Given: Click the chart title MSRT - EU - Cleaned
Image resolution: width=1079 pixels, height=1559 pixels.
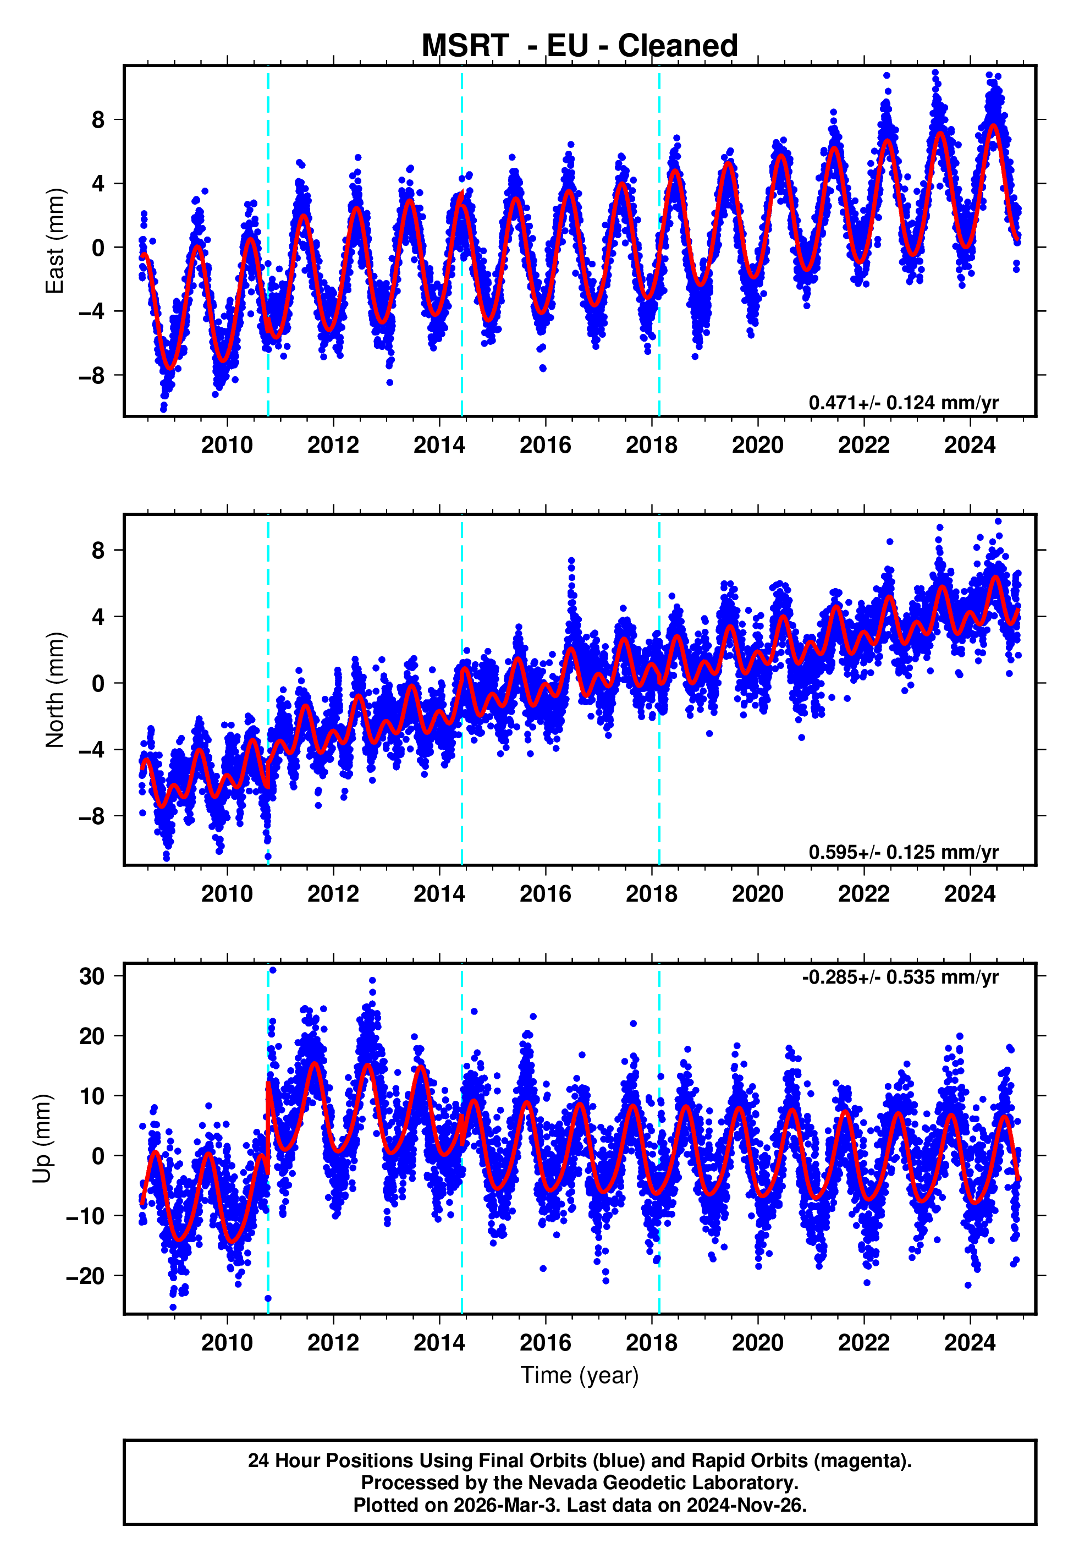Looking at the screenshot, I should [580, 46].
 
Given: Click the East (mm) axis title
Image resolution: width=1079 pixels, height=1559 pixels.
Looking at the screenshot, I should [54, 241].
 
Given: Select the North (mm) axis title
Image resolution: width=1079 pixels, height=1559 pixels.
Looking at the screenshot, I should [54, 690].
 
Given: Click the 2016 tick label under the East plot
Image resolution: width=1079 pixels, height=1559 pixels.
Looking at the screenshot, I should [545, 446].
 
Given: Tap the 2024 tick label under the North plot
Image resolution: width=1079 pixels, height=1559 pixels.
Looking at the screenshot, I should [970, 894].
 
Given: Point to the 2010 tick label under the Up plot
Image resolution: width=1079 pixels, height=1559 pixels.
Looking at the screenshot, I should [227, 1343].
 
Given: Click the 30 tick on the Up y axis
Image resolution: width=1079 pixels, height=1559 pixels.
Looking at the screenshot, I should [92, 976].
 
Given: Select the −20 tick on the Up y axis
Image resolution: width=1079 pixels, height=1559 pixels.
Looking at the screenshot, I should [85, 1276].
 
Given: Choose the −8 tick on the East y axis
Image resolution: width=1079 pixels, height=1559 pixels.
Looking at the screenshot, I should [92, 375].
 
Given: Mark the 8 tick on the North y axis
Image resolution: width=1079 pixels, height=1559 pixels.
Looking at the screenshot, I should [98, 550].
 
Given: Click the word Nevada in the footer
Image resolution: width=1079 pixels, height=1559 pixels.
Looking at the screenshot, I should [558, 1483].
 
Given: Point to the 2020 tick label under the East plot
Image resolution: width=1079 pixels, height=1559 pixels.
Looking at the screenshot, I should [757, 446].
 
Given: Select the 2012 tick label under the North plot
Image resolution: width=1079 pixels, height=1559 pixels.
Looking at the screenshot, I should [333, 894].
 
